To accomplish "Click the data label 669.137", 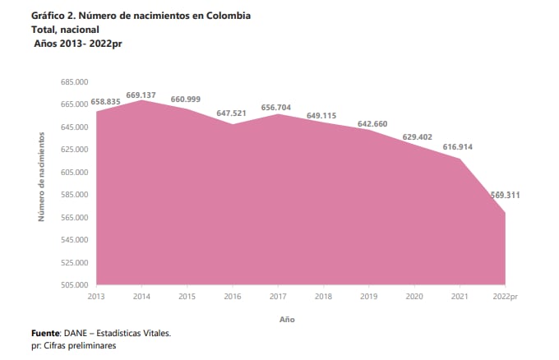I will [141, 95].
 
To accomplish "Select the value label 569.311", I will [504, 195].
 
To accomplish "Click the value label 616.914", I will [457, 146].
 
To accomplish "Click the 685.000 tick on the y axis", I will [76, 82].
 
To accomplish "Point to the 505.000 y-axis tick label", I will [76, 285].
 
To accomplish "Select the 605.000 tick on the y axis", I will [76, 173].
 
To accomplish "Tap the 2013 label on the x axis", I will [96, 295].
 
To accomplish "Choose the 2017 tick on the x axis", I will [278, 295].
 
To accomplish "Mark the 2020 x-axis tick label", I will [414, 295].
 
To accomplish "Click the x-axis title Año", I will [286, 318].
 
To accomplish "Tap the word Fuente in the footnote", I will [47, 333].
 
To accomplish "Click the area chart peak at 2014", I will [141, 100].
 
